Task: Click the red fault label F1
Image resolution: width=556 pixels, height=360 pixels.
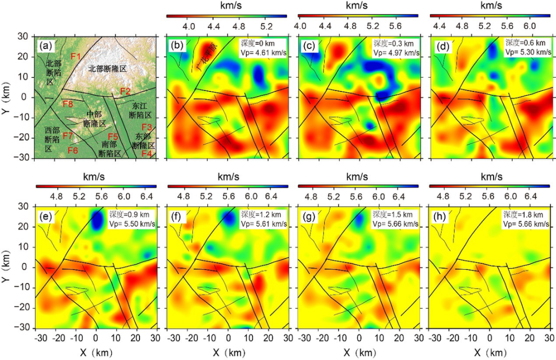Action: tap(76, 56)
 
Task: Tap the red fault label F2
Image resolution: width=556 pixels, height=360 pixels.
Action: tap(125, 91)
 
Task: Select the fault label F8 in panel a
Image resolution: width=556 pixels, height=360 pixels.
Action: tap(68, 104)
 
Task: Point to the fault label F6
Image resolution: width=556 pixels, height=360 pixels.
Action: tap(72, 151)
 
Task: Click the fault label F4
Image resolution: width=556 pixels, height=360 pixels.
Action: tap(147, 153)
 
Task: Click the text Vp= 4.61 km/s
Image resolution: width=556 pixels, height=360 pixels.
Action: tap(264, 52)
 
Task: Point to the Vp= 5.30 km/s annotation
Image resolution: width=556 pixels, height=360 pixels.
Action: tap(526, 52)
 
